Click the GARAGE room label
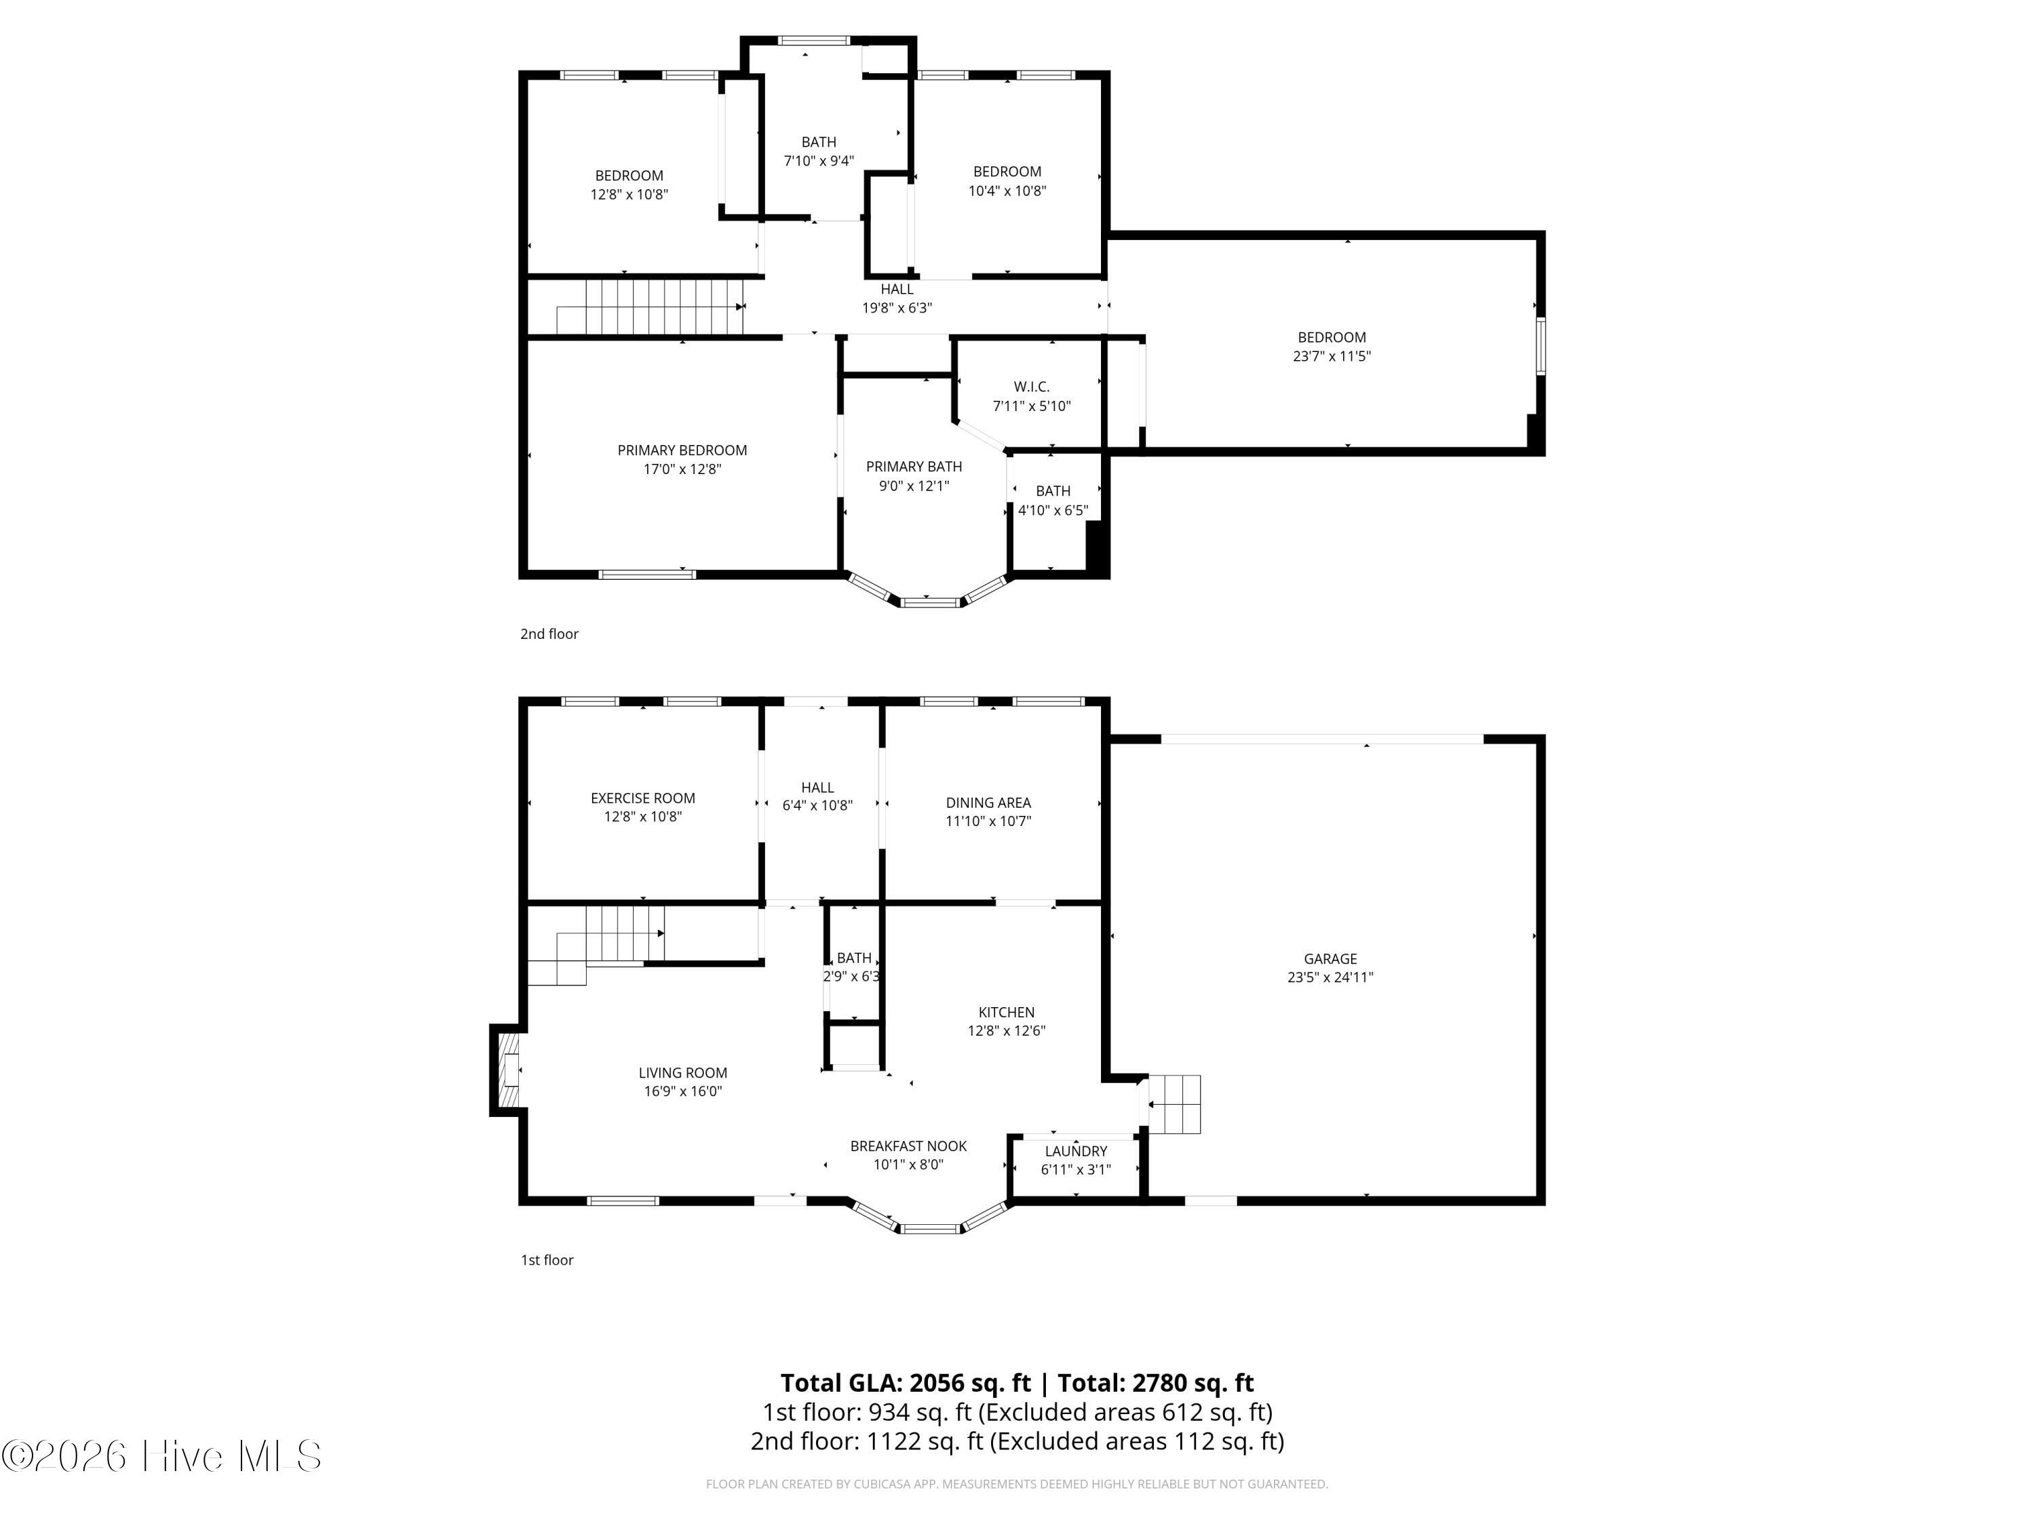[x=1330, y=958]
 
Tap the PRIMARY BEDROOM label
[x=682, y=450]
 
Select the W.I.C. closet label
[x=1031, y=387]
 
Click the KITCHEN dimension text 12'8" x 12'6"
[x=1007, y=1031]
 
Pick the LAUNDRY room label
[x=1075, y=1152]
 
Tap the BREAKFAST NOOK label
[x=908, y=1146]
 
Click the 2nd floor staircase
[x=651, y=307]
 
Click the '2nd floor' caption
[x=549, y=633]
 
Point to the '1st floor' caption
[x=547, y=1260]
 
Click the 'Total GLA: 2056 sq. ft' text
[x=906, y=1382]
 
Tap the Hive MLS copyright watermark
[x=162, y=1456]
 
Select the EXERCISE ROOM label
[x=643, y=798]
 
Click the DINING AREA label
[x=988, y=803]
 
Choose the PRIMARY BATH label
[x=914, y=467]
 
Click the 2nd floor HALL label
[x=897, y=290]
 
